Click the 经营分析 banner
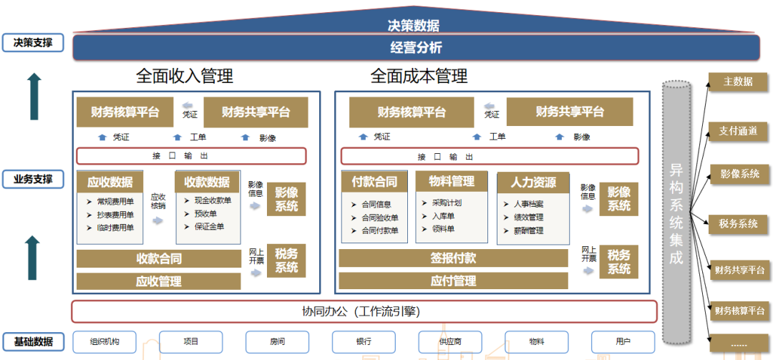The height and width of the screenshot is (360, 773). click(416, 48)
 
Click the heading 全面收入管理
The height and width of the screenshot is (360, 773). click(185, 76)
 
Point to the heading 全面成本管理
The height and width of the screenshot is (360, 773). click(419, 76)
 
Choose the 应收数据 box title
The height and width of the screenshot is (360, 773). click(110, 182)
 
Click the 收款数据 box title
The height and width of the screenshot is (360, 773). click(207, 182)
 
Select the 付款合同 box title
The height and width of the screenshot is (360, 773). click(374, 182)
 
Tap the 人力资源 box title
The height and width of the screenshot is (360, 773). click(533, 182)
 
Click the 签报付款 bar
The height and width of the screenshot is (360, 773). click(453, 258)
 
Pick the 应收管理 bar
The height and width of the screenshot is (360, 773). click(158, 281)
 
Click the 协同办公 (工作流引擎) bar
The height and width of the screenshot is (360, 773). click(364, 311)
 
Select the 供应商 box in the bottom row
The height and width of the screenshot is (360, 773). click(450, 341)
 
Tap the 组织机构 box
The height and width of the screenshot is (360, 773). click(104, 341)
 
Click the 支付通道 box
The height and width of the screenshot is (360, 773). click(739, 131)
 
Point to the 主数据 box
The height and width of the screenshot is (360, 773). click(739, 82)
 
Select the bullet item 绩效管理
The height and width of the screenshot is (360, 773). click(528, 218)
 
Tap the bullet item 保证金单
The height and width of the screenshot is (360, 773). click(209, 227)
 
